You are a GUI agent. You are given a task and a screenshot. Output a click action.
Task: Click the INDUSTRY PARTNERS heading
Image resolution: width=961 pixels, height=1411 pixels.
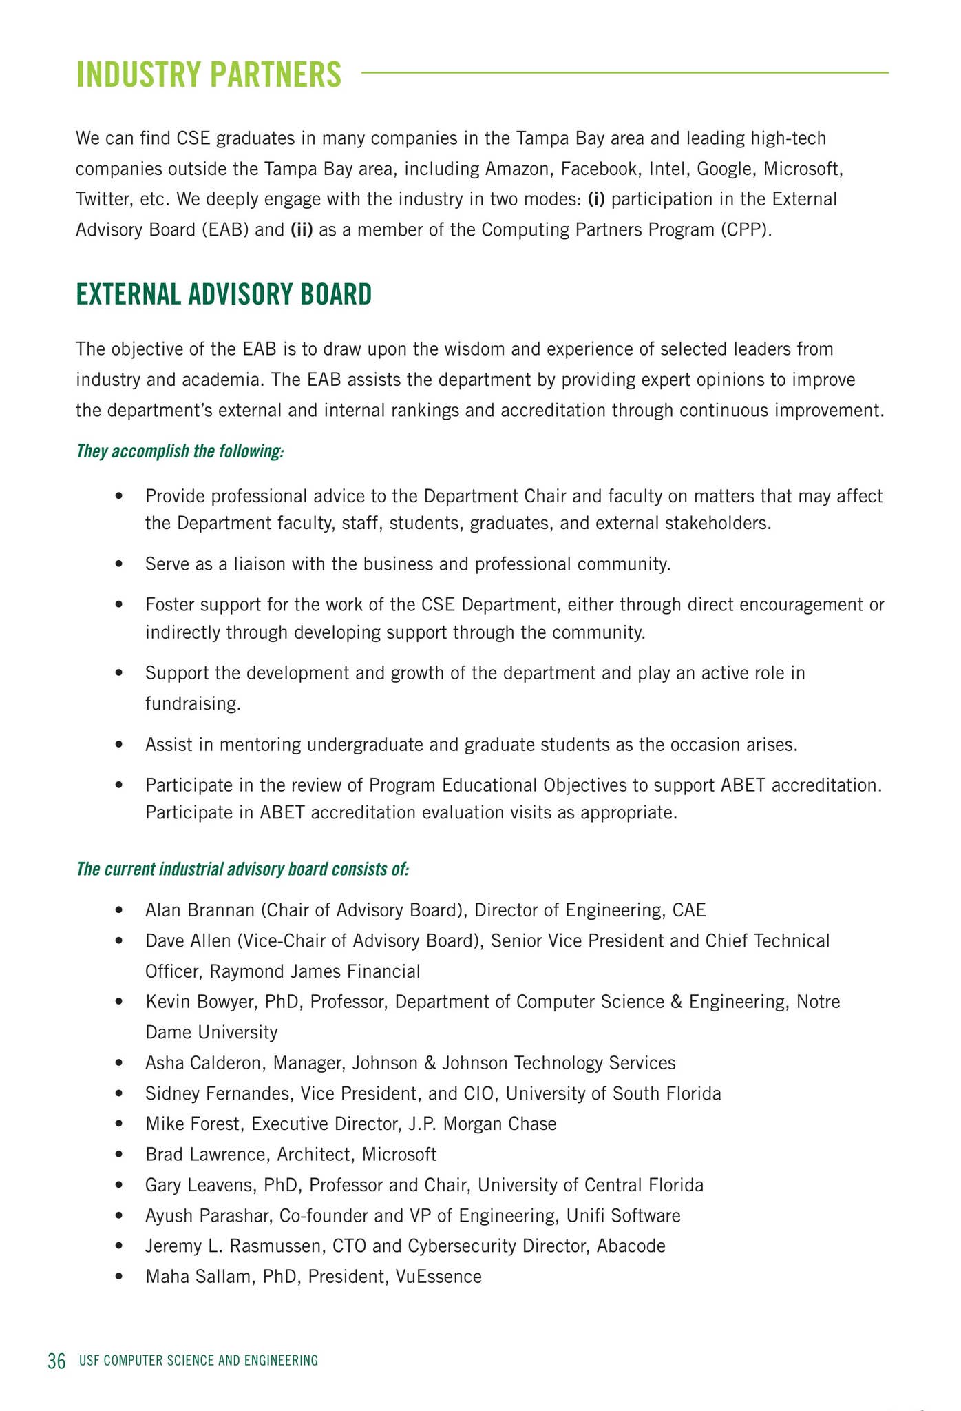[x=209, y=74]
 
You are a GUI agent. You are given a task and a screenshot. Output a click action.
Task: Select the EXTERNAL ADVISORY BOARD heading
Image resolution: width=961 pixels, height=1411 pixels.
[x=224, y=295]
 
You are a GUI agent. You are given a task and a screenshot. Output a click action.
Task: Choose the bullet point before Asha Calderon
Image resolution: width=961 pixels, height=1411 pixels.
[x=120, y=1063]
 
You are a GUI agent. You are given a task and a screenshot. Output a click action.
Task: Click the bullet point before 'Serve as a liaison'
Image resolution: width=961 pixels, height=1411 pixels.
[x=120, y=565]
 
